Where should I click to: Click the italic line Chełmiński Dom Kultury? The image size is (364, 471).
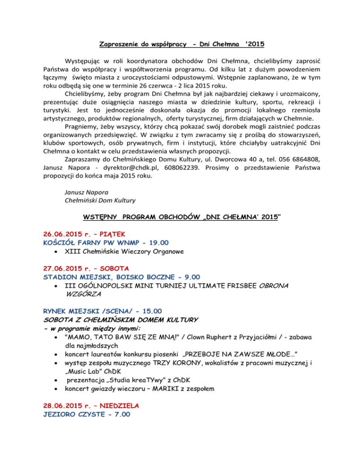[x=100, y=200]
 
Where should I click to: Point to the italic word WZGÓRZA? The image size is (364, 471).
[x=82, y=294]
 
